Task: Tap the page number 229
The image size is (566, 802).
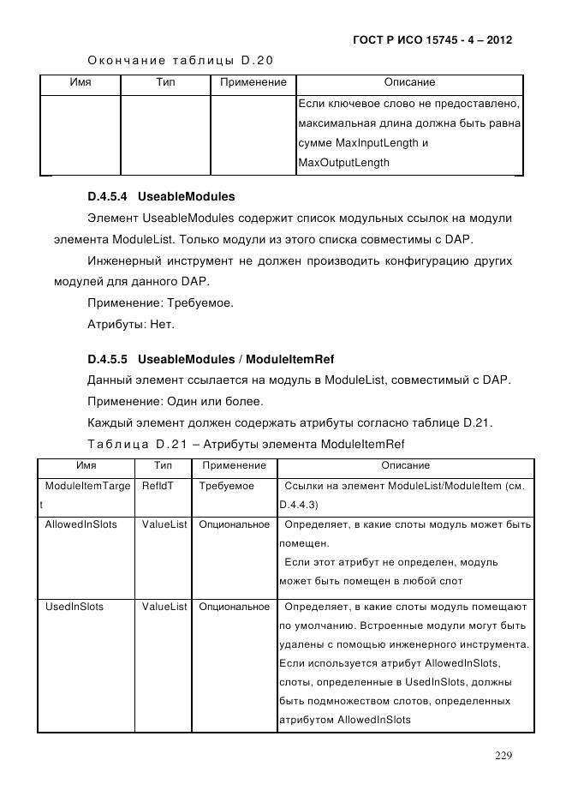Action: coord(503,755)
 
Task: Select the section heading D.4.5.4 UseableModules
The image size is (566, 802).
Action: coord(161,196)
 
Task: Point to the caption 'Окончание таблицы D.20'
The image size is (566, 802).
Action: coord(180,60)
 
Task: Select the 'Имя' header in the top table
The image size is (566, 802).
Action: coord(80,82)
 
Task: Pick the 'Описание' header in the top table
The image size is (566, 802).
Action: coord(409,82)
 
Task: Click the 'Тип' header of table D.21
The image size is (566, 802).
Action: coord(164,465)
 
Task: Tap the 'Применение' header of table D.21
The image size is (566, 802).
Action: coord(234,465)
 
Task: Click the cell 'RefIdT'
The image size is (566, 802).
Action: coord(158,486)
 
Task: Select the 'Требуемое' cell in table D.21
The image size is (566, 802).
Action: coord(226,486)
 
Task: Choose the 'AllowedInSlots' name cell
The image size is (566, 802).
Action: coord(80,524)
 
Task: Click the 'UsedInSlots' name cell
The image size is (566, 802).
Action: coord(74,607)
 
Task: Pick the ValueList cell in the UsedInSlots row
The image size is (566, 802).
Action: coord(164,607)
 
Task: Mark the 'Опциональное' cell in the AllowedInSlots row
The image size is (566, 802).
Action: coord(234,524)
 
